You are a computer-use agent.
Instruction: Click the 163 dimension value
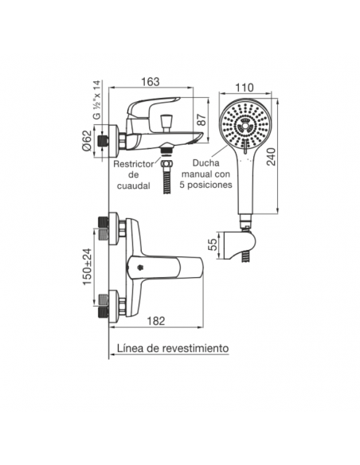click(150, 81)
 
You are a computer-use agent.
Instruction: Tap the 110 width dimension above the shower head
click(245, 88)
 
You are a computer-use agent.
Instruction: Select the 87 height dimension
click(202, 119)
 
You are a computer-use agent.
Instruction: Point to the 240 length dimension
click(272, 156)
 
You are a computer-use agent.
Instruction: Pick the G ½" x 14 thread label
click(97, 100)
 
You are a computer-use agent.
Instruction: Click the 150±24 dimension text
click(88, 267)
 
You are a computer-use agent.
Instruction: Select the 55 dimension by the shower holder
click(213, 245)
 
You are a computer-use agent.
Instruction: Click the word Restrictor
click(134, 164)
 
